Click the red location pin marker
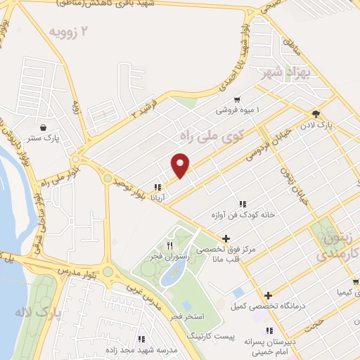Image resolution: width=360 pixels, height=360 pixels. tap(181, 165)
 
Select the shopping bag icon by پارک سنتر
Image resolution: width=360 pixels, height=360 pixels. tap(44, 128)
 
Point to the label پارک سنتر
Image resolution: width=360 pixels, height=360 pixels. tap(44, 139)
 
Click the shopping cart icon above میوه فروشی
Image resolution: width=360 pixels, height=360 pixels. tap(237, 100)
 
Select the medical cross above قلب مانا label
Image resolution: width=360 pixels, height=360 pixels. tap(226, 239)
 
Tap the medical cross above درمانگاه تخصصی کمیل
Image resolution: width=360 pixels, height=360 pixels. tap(268, 295)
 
